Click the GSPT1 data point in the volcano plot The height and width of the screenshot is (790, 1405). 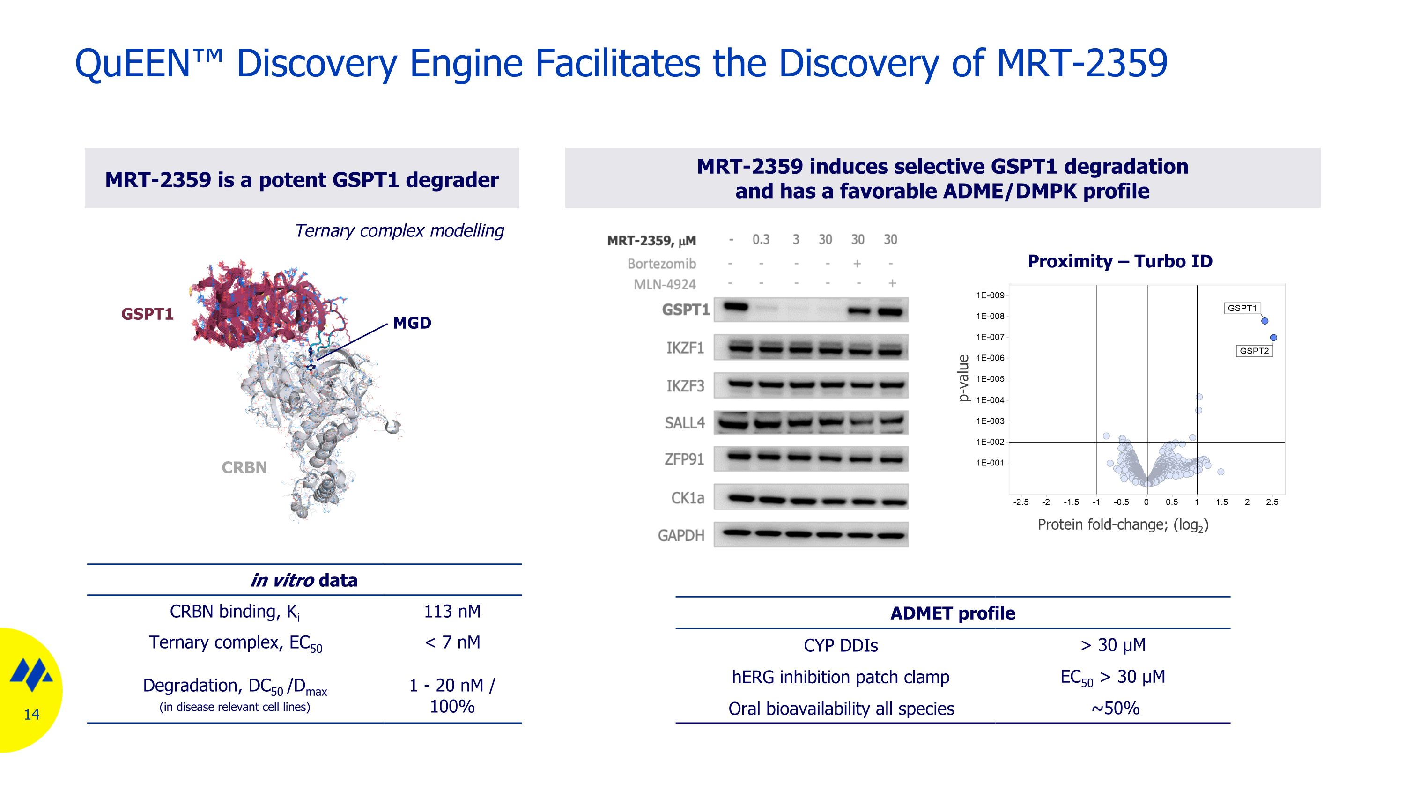1264,321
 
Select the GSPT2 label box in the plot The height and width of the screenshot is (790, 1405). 1254,351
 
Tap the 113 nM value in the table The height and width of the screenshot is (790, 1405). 452,611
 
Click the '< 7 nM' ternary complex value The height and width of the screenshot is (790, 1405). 452,642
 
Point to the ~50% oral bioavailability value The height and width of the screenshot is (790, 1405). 1115,708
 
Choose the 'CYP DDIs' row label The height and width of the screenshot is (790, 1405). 841,645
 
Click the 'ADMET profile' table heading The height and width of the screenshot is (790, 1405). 952,613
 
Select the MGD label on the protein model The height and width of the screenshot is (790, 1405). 412,323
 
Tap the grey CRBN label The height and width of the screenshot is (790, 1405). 244,468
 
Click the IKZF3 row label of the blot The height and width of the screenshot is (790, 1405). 685,386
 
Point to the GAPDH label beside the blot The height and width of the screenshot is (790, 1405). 681,535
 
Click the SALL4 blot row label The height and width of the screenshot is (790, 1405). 685,423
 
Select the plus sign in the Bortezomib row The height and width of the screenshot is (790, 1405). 858,264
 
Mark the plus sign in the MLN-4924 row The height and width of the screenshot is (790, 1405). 892,283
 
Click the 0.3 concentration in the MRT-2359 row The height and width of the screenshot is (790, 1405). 761,240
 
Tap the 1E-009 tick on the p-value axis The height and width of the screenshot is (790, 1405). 990,295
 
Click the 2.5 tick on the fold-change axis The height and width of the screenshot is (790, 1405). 1272,502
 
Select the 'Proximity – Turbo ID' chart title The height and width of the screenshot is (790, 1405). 1120,261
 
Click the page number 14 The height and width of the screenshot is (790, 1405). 32,714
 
